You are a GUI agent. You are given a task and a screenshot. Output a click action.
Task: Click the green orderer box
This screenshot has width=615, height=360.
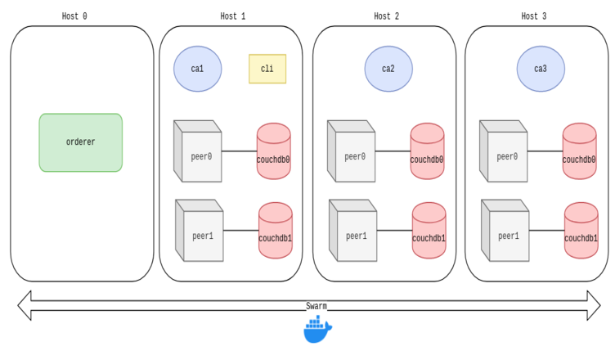pyautogui.click(x=80, y=142)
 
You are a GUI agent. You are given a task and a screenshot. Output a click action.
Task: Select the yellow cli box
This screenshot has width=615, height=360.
pyautogui.click(x=267, y=69)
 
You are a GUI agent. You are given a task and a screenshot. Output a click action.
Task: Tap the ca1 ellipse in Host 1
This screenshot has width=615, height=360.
pyautogui.click(x=197, y=69)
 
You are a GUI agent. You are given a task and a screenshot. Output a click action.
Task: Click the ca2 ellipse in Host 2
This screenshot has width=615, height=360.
pyautogui.click(x=388, y=69)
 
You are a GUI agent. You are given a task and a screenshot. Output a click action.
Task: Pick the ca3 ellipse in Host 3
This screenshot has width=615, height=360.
pyautogui.click(x=541, y=69)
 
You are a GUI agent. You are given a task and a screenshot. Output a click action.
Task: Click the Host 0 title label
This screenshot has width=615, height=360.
pyautogui.click(x=74, y=16)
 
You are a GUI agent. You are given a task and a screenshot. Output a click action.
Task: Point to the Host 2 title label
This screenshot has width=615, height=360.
pyautogui.click(x=387, y=16)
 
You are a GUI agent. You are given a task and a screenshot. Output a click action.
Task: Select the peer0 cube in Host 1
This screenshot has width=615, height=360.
pyautogui.click(x=199, y=153)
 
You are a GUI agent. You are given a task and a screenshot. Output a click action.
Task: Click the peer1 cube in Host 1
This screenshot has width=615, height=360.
pyautogui.click(x=200, y=232)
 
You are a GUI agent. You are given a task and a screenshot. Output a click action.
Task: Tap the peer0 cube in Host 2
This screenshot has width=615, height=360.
pyautogui.click(x=352, y=153)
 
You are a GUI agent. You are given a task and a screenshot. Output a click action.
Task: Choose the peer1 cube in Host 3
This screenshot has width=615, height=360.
pyautogui.click(x=506, y=232)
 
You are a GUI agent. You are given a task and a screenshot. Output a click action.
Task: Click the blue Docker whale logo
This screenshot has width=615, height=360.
pyautogui.click(x=317, y=330)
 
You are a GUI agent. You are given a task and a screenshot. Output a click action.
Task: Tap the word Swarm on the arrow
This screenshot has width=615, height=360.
pyautogui.click(x=316, y=306)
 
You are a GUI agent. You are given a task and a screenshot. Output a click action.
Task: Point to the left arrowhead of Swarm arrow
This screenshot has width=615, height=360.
pyautogui.click(x=25, y=306)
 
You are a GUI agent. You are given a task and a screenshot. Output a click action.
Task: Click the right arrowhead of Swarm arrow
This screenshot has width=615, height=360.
pyautogui.click(x=603, y=306)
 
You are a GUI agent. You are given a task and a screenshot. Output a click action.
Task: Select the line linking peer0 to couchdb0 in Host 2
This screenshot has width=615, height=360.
pyautogui.click(x=393, y=151)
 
